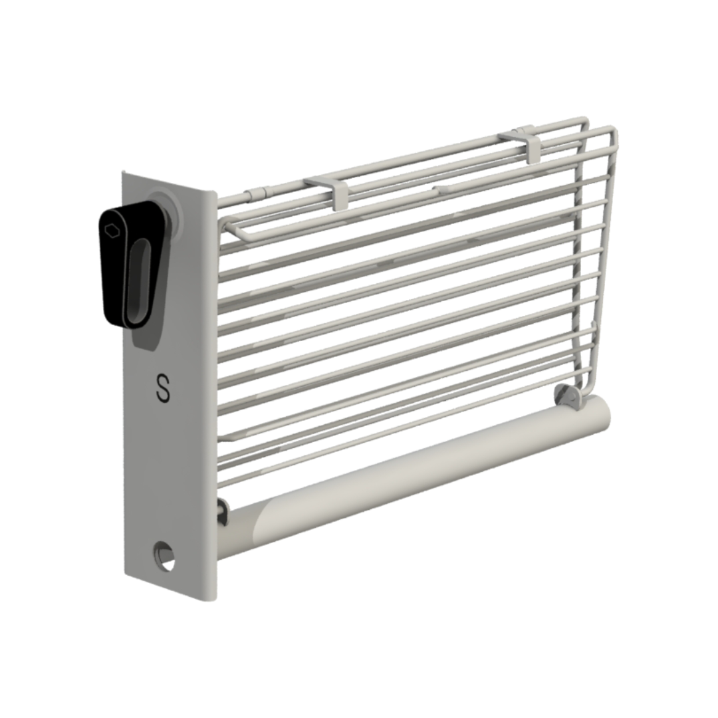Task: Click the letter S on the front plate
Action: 162,388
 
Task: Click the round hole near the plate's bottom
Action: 164,555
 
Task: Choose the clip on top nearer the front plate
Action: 338,190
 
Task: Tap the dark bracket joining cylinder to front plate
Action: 221,513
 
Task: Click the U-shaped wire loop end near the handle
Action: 227,227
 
